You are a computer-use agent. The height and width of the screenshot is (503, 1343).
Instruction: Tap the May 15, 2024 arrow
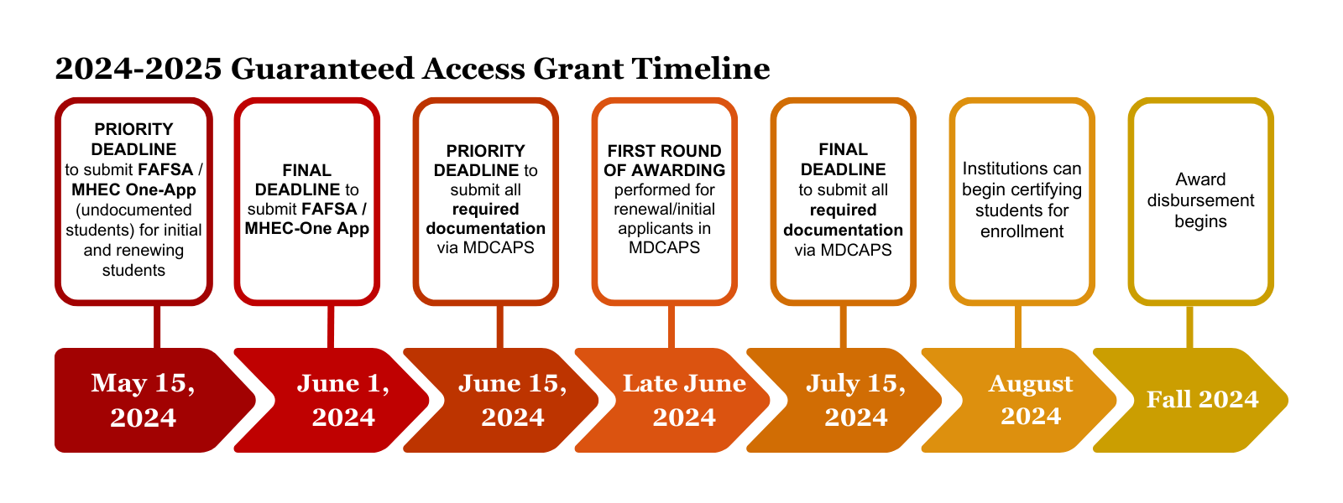(144, 400)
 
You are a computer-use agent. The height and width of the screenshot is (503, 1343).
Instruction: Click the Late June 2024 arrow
(672, 400)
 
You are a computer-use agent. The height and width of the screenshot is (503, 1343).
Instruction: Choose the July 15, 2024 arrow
(844, 400)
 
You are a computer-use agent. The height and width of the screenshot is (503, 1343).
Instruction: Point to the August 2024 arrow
(1019, 400)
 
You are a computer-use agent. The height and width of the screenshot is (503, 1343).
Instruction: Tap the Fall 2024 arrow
(1191, 400)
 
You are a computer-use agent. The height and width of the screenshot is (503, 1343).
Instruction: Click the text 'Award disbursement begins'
(1200, 200)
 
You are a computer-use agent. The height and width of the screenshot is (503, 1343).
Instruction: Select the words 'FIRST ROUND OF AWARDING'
(664, 160)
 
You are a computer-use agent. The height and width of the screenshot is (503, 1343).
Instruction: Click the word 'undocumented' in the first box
(133, 210)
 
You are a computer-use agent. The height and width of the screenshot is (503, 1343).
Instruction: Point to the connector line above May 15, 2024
(157, 327)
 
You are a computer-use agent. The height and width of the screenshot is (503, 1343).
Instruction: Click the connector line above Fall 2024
(1189, 327)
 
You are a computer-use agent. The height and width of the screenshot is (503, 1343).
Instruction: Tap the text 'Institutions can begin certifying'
(1022, 179)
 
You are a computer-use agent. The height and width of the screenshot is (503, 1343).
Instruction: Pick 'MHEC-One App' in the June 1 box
(307, 228)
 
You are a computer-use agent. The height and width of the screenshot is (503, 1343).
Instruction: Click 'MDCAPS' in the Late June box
(664, 247)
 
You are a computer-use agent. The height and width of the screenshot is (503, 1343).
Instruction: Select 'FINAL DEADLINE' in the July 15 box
(843, 159)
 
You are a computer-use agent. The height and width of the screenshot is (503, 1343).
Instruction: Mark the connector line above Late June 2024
(671, 327)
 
